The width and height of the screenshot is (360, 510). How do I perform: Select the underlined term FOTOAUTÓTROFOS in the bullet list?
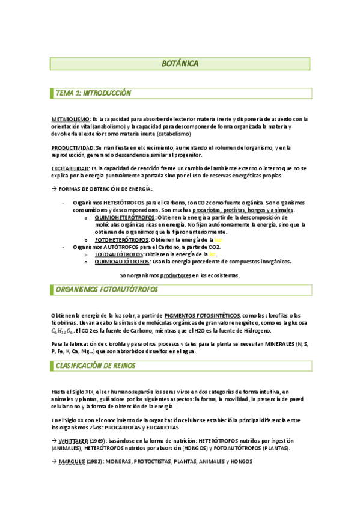pos(118,254)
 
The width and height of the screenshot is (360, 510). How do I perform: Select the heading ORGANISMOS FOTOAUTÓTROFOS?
pos(107,290)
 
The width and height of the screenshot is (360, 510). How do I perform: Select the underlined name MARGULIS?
pos(71,461)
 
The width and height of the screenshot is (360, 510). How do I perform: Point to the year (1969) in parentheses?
pos(99,440)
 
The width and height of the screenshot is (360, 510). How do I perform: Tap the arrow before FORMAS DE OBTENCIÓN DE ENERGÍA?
pos(53,189)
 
